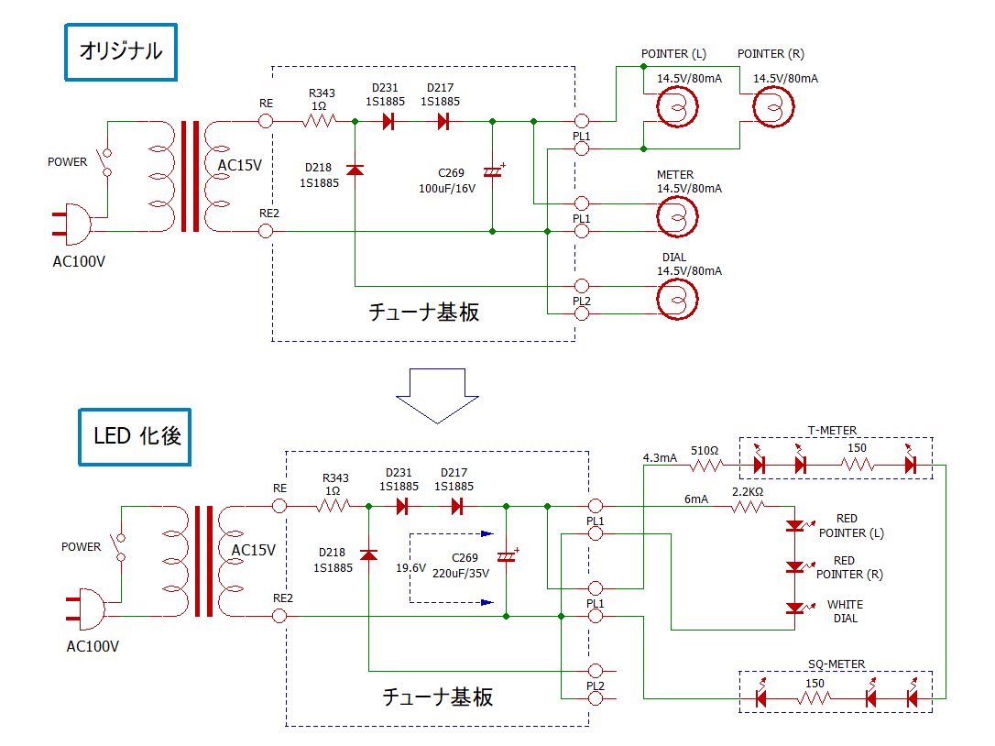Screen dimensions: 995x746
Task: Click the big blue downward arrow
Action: point(437,396)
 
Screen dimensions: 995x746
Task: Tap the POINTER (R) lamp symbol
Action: point(773,106)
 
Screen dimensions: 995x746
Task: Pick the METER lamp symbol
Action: point(677,217)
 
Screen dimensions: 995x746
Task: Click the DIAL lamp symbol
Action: point(677,300)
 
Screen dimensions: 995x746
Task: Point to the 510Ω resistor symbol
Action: point(706,466)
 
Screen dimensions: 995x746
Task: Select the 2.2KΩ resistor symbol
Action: point(748,507)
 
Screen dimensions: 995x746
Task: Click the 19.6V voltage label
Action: point(410,567)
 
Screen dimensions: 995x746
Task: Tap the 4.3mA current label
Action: point(660,457)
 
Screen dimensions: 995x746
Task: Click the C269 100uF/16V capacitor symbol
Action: point(493,171)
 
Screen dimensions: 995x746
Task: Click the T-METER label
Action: point(832,431)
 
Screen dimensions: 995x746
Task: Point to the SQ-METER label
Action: point(836,664)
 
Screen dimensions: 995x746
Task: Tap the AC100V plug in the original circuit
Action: point(71,225)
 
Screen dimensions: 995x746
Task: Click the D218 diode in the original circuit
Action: point(355,170)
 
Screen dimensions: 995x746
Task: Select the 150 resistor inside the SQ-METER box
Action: point(815,698)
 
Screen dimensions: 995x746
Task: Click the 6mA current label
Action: point(696,499)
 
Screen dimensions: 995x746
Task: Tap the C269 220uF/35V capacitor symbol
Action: point(507,556)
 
